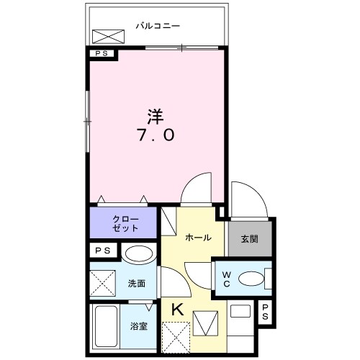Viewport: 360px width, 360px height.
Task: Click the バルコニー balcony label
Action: coord(157,26)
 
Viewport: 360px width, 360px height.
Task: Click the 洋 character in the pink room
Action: coord(154,115)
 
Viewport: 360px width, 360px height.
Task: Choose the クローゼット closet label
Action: coord(122,222)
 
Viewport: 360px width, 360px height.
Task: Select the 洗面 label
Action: coord(138,283)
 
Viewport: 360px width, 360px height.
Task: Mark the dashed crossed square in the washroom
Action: coord(103,283)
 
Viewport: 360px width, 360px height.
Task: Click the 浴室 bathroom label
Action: coord(140,326)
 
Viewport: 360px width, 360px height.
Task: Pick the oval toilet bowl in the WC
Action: coord(251,278)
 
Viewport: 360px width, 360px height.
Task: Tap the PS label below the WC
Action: coord(265,312)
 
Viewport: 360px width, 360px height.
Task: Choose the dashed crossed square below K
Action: coord(176,336)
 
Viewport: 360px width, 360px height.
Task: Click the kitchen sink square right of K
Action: coord(204,321)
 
